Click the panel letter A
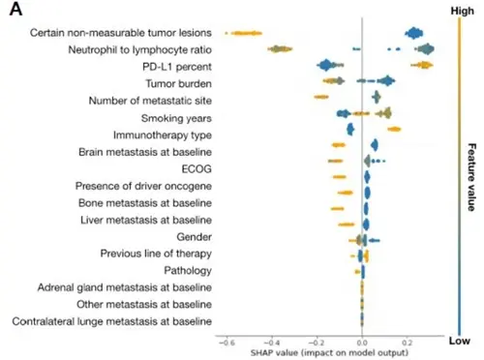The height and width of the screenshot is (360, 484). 15,9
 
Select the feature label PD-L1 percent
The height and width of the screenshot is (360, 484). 177,67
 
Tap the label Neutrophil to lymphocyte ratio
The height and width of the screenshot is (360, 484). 140,50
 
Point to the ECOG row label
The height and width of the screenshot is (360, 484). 197,168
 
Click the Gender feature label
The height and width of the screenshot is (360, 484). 194,237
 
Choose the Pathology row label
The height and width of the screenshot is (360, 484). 188,270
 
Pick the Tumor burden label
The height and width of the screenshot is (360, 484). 178,83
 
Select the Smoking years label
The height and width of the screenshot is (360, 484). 176,118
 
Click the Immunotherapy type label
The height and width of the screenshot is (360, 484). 163,135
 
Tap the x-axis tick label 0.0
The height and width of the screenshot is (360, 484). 362,343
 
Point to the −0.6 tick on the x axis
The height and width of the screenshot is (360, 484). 227,343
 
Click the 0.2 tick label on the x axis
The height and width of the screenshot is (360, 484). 408,343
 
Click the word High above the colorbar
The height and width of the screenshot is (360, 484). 463,11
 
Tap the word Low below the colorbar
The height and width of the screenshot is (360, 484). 460,341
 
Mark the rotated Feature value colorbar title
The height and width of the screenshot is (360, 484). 471,177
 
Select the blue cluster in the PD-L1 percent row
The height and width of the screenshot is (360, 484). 326,65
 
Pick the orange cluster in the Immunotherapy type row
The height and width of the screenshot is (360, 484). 394,129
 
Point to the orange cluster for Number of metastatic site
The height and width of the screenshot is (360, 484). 321,97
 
